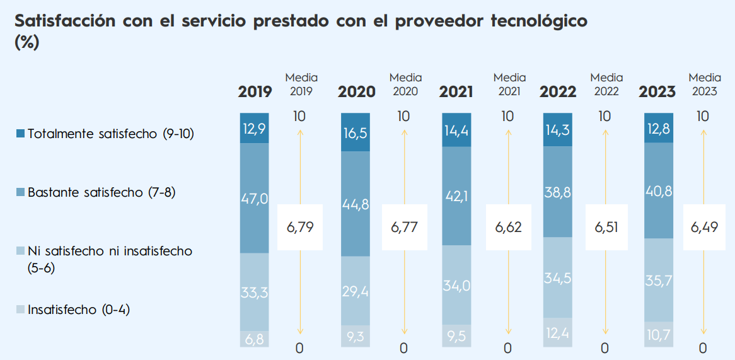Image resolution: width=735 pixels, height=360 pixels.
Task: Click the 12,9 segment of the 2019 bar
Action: click(x=255, y=128)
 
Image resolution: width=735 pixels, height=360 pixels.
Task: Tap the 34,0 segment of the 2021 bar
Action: click(x=456, y=286)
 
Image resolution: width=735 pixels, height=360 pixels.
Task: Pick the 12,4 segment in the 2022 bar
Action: click(x=558, y=332)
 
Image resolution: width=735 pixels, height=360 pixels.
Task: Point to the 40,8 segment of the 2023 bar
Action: click(x=659, y=190)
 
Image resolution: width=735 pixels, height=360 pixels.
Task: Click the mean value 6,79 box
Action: click(x=300, y=227)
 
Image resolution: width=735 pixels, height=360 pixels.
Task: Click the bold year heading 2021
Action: click(x=456, y=92)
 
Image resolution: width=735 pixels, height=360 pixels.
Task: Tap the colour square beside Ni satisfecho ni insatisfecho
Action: click(x=20, y=252)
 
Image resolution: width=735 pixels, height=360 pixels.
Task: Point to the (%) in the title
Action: click(x=26, y=42)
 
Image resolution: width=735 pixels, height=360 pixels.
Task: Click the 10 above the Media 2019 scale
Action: click(x=300, y=116)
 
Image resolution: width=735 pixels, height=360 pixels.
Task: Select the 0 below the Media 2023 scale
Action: click(x=703, y=347)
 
